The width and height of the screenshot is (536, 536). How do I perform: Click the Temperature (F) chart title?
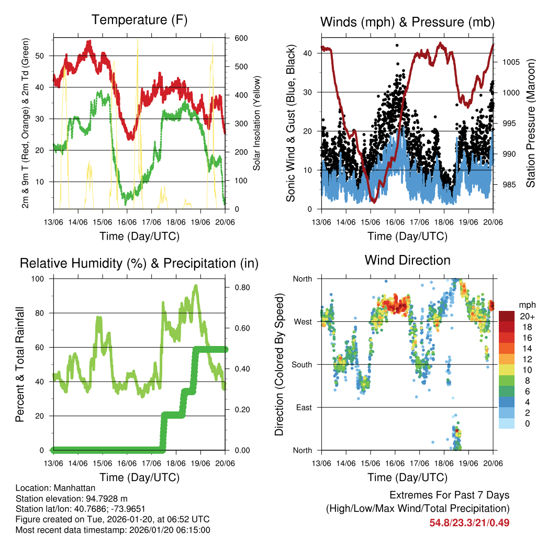pos(139,20)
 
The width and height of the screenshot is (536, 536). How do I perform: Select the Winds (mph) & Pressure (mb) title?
pos(407,22)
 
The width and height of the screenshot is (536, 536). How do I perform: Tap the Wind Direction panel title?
pos(407,260)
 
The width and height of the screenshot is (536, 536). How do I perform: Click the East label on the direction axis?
pos(303,407)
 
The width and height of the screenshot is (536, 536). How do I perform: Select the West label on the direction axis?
pos(302,321)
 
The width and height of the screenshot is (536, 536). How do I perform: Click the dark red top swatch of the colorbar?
pos(506,316)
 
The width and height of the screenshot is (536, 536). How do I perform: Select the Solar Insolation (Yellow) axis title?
pos(256,124)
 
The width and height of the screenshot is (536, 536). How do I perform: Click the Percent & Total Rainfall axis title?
pos(20,364)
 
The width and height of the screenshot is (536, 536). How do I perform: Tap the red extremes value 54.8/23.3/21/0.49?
pos(470,523)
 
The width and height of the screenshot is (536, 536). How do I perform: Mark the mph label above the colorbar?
pos(526,305)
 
